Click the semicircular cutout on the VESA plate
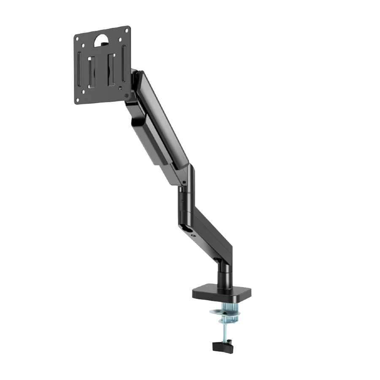(101, 40)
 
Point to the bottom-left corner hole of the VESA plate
(78, 100)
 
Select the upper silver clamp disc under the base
(223, 313)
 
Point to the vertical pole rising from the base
(223, 274)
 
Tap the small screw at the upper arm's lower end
(185, 183)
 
